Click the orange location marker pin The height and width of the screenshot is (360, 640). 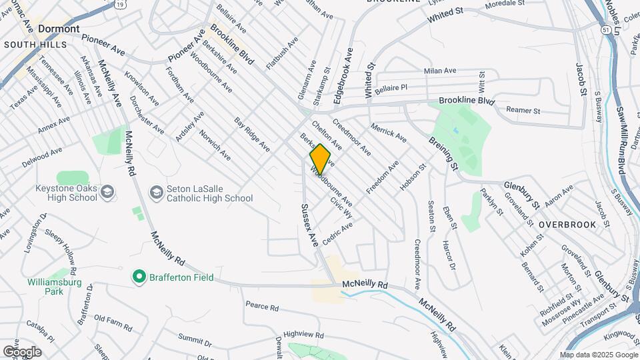coord(320,159)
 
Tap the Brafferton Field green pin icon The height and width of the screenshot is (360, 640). coord(139,276)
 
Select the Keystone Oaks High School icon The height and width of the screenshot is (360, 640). coord(109,193)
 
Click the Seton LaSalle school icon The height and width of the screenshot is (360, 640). coord(156,193)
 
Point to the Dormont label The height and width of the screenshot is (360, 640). coord(59,29)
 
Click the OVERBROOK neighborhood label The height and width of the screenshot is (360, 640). coord(567,225)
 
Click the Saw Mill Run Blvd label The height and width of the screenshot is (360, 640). coord(620,140)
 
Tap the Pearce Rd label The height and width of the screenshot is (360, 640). coord(261,307)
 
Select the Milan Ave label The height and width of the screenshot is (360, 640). coord(440,71)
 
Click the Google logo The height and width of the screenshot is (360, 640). coord(22,351)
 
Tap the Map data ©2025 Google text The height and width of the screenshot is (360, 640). coord(598,355)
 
